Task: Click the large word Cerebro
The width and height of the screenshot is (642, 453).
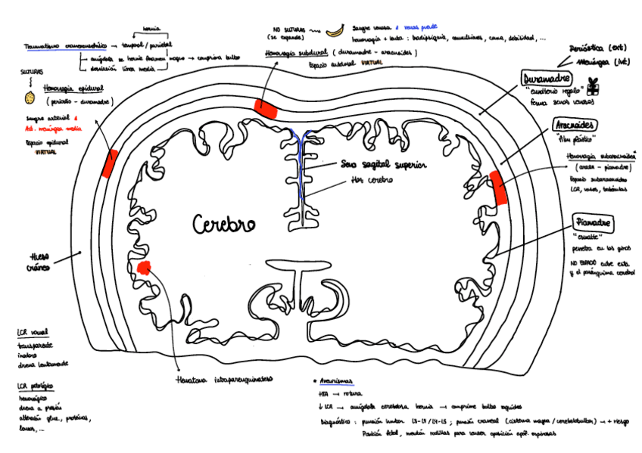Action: pyautogui.click(x=223, y=224)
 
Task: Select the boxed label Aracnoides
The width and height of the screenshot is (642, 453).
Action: pyautogui.click(x=574, y=125)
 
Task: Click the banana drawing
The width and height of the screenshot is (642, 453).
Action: pyautogui.click(x=334, y=31)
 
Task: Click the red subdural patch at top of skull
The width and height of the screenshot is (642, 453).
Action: pyautogui.click(x=266, y=107)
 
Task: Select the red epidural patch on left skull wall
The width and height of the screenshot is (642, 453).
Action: pyautogui.click(x=111, y=163)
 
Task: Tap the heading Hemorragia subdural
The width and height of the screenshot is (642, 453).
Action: pyautogui.click(x=297, y=54)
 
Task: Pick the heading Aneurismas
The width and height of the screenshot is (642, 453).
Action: pyautogui.click(x=336, y=383)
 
